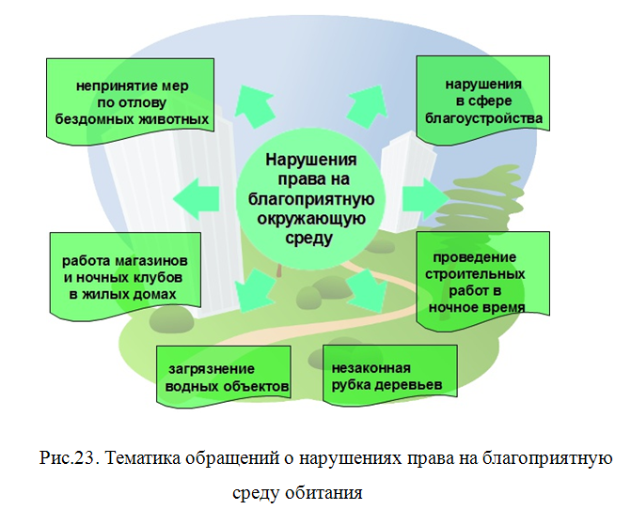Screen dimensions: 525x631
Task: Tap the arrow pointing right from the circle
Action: pyautogui.click(x=424, y=196)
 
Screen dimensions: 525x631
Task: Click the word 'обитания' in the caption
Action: pyautogui.click(x=329, y=491)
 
